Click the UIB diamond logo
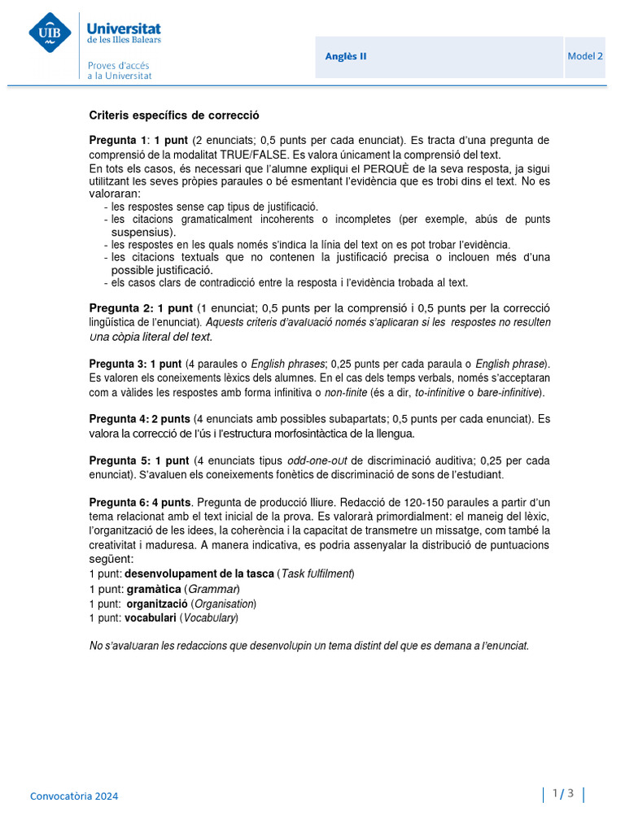(50, 33)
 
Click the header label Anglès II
(346, 56)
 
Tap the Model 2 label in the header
(585, 56)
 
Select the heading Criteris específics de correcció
(174, 116)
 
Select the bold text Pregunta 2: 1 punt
(141, 308)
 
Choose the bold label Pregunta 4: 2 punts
(139, 419)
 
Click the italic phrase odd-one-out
(314, 460)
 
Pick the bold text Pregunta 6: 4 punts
(139, 502)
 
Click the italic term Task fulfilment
(317, 574)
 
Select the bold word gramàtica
(153, 589)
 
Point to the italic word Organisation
(224, 604)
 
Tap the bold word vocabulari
(150, 618)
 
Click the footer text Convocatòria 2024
(74, 796)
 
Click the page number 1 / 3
(563, 793)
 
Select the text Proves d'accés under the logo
(119, 65)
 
